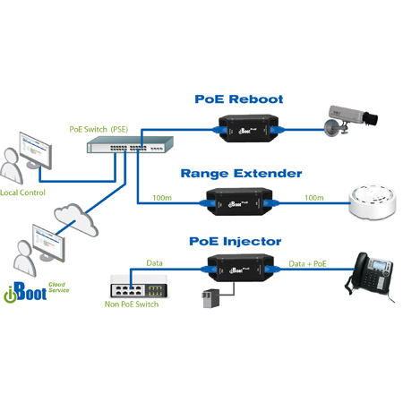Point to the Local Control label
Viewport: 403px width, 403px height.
(23, 192)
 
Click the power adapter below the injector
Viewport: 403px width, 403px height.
(208, 299)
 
